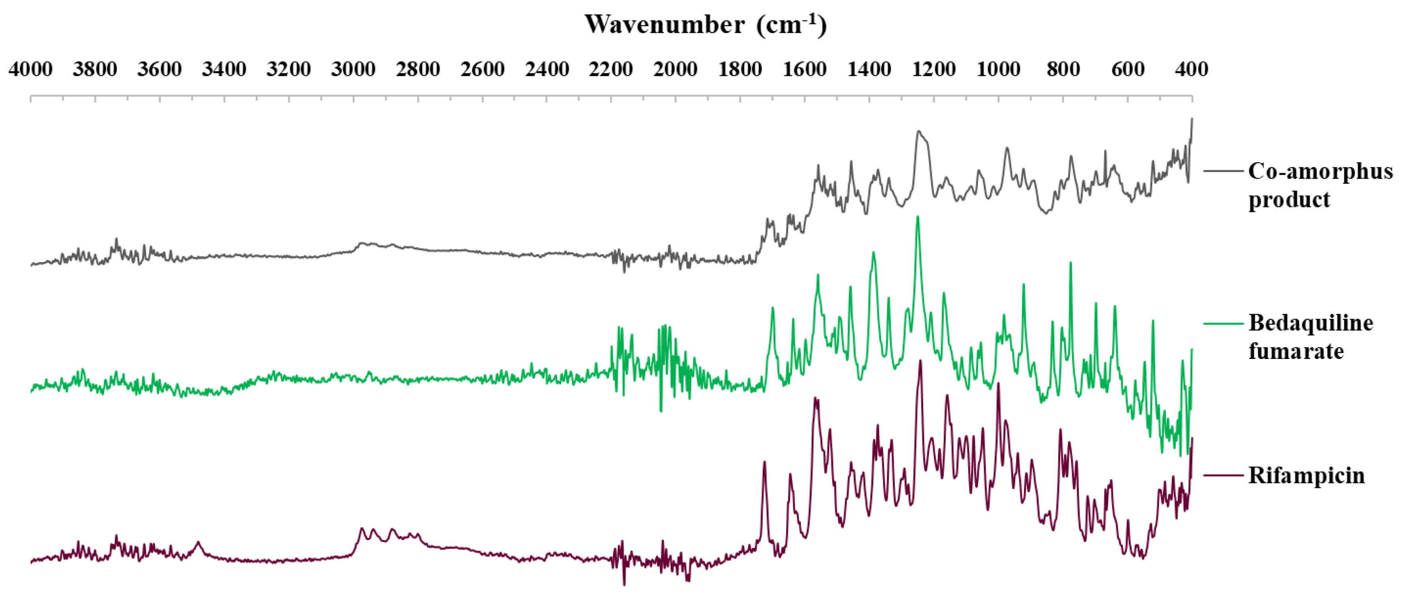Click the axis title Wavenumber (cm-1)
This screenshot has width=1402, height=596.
point(705,25)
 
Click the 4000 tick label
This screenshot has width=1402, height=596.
point(31,69)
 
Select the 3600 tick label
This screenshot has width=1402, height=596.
point(160,69)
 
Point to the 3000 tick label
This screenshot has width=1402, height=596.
point(353,69)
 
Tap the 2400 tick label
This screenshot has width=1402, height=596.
point(547,69)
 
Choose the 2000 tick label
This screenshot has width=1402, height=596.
point(675,69)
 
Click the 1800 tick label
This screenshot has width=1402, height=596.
point(740,69)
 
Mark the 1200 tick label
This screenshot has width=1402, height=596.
point(934,69)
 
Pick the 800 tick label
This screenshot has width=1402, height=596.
point(1063,69)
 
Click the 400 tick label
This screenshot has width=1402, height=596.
point(1192,69)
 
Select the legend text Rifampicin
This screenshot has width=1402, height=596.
point(1306,476)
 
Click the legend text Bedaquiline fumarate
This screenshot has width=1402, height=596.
point(1310,337)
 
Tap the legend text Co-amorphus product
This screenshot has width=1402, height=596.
point(1320,185)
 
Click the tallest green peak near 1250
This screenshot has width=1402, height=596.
point(918,217)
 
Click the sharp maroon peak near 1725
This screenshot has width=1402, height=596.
point(764,462)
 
